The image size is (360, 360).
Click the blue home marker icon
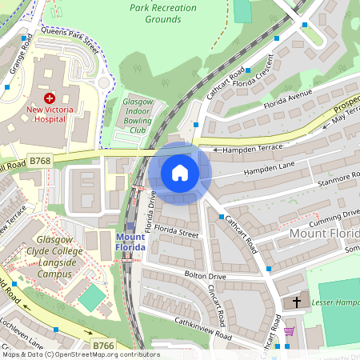coord(180,173)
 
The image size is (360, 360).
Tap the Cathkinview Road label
coord(203,328)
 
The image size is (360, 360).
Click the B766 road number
coord(103,345)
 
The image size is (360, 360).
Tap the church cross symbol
coord(297,302)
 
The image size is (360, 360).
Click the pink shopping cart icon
coord(289,331)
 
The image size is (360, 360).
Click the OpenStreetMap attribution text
coord(80,354)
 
